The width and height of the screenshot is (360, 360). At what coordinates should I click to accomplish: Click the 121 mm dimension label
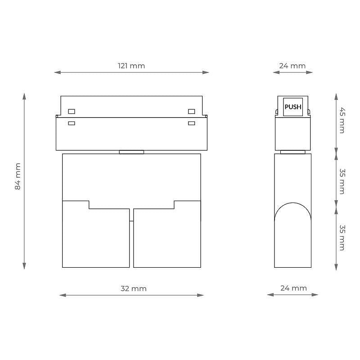click(131, 66)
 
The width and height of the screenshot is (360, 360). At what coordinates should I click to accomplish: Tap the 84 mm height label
click(18, 176)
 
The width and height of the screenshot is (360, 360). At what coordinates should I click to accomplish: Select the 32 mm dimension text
click(133, 288)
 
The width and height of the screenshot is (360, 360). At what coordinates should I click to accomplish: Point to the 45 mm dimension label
click(342, 120)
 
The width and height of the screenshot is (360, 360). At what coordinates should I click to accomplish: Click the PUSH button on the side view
click(293, 107)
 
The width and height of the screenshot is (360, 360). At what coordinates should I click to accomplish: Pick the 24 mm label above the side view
click(292, 66)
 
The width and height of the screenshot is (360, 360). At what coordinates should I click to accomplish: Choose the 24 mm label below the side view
click(293, 288)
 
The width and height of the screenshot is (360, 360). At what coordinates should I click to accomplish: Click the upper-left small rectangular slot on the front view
click(72, 111)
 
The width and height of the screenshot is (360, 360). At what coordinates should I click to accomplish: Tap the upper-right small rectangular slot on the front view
click(192, 111)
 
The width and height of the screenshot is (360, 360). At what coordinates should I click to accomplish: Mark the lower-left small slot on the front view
click(72, 123)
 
